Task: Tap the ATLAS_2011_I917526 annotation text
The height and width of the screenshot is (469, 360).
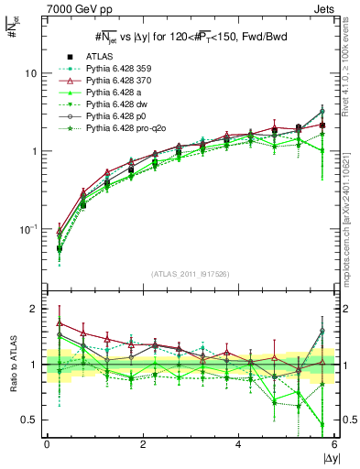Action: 190,275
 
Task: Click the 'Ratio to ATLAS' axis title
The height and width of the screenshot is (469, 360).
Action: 13,364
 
